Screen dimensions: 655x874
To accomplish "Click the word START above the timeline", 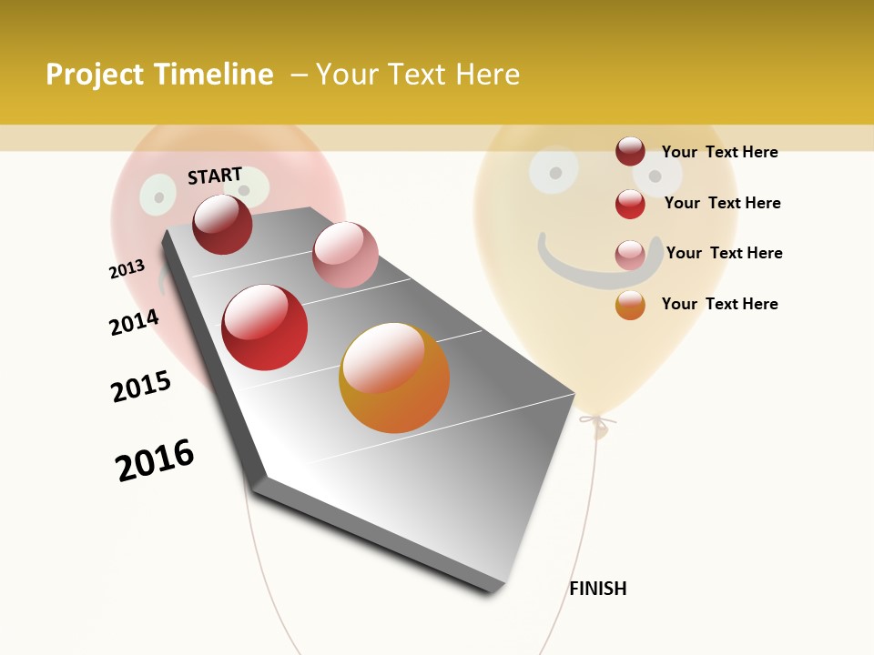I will coord(215,176).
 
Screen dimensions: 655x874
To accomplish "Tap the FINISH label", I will coord(598,589).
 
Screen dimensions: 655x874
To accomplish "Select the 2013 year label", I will coord(127,269).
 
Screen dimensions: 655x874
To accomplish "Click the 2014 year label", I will coord(134,322).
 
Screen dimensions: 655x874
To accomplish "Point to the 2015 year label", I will coord(141,387).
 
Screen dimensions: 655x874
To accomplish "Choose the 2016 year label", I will coord(155,460).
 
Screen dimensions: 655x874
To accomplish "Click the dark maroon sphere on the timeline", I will coord(222,224).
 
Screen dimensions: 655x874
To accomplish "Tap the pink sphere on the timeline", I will coord(345,254).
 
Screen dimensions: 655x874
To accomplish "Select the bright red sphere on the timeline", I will coord(265,327).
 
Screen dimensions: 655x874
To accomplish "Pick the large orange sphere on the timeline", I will coord(394,378).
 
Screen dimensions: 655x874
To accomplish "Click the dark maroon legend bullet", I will coord(630,152).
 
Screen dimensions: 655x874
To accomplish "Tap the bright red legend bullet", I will coord(630,204).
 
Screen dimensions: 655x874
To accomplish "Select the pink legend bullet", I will coord(630,255).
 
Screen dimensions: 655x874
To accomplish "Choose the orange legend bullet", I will coord(630,305).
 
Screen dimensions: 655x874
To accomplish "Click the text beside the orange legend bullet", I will coord(719,304).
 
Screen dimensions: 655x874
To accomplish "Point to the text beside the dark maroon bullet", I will coord(719,152).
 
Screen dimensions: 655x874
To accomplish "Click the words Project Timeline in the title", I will coord(159,75).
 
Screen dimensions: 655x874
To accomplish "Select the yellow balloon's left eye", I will coord(554,169).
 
